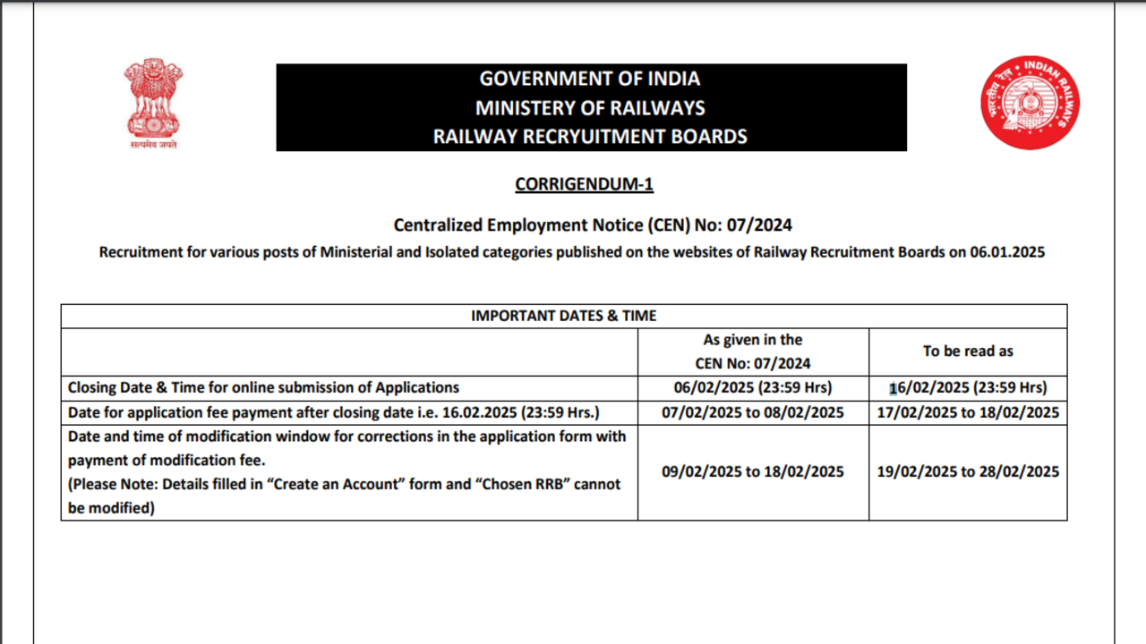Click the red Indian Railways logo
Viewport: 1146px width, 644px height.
1030,102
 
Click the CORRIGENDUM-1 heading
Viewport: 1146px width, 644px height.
584,185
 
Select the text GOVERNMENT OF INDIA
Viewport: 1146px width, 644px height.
590,79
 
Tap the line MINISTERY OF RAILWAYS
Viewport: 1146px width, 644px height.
590,108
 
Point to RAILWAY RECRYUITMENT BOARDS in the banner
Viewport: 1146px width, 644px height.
590,137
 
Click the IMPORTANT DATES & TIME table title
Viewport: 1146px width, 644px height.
563,316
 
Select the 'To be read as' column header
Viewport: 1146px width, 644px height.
968,352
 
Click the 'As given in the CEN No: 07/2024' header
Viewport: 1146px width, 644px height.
753,352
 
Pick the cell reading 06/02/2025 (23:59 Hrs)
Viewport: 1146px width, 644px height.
753,388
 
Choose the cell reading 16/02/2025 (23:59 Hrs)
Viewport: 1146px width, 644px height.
968,388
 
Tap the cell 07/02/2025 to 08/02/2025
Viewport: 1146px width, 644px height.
753,412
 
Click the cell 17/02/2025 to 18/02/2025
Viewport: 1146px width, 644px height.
968,412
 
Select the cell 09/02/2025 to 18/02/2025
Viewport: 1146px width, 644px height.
753,471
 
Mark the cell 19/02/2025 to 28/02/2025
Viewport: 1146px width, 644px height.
968,471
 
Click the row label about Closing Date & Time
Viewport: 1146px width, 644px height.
263,388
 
